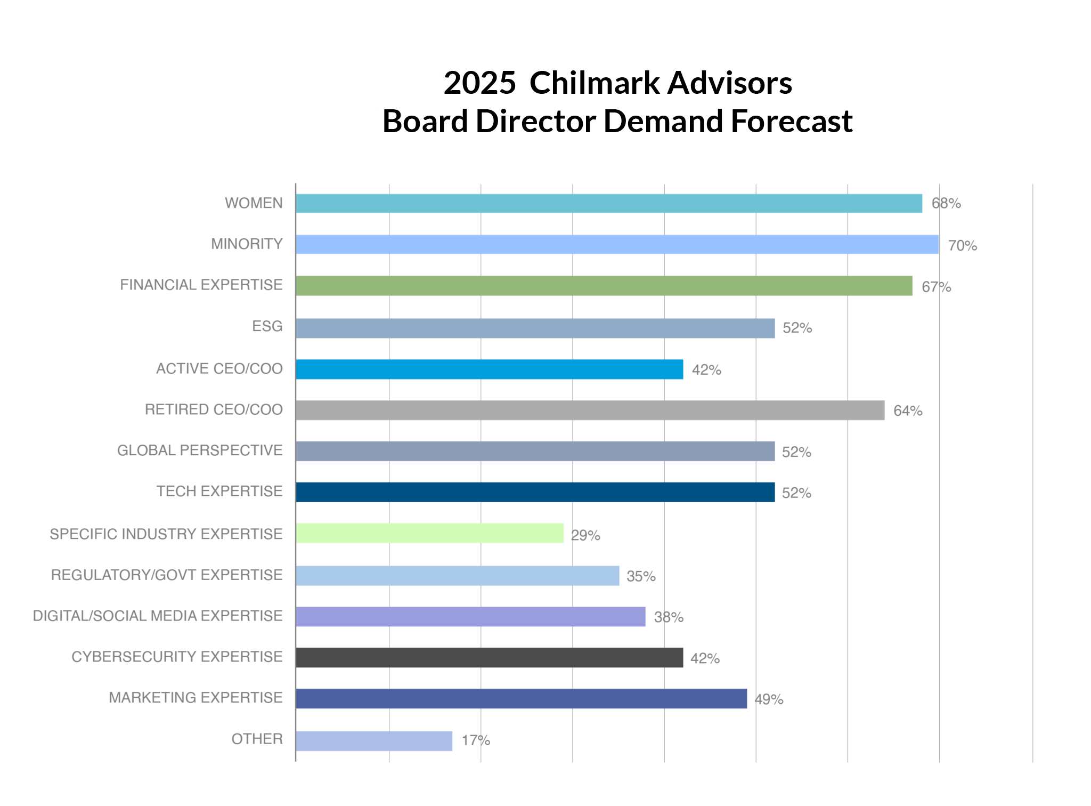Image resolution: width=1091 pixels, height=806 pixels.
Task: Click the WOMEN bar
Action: click(x=608, y=204)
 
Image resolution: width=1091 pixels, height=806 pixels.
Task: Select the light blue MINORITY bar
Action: click(x=617, y=245)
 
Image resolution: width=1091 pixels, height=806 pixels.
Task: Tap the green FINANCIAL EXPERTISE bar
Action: click(x=604, y=286)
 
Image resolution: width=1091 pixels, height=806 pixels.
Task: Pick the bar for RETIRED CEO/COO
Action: click(x=590, y=410)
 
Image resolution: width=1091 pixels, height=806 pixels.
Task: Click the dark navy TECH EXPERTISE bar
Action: click(x=535, y=492)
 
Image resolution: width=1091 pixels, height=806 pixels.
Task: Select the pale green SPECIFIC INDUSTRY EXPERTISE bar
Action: click(x=429, y=534)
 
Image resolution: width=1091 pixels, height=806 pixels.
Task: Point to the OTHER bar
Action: click(x=374, y=741)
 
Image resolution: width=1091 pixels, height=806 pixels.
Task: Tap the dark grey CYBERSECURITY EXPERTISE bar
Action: click(x=489, y=658)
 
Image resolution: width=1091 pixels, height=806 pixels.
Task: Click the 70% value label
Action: click(x=962, y=246)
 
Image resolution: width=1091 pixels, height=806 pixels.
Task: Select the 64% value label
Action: click(x=908, y=411)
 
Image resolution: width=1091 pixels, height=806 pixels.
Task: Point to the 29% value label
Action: click(x=585, y=535)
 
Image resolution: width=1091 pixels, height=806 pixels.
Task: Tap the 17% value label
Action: click(x=476, y=740)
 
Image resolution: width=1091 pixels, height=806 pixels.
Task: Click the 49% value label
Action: click(x=769, y=699)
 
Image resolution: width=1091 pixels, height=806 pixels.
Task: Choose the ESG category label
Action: click(x=267, y=326)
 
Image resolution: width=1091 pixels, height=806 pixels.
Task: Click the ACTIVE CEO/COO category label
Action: click(x=219, y=369)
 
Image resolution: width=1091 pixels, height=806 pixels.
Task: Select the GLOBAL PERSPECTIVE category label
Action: click(x=200, y=450)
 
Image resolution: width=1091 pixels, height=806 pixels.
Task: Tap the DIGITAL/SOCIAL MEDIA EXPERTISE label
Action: click(x=158, y=616)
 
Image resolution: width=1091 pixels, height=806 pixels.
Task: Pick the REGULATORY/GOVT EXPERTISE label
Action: click(x=167, y=575)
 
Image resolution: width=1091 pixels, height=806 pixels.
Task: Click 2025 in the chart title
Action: click(x=479, y=84)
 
